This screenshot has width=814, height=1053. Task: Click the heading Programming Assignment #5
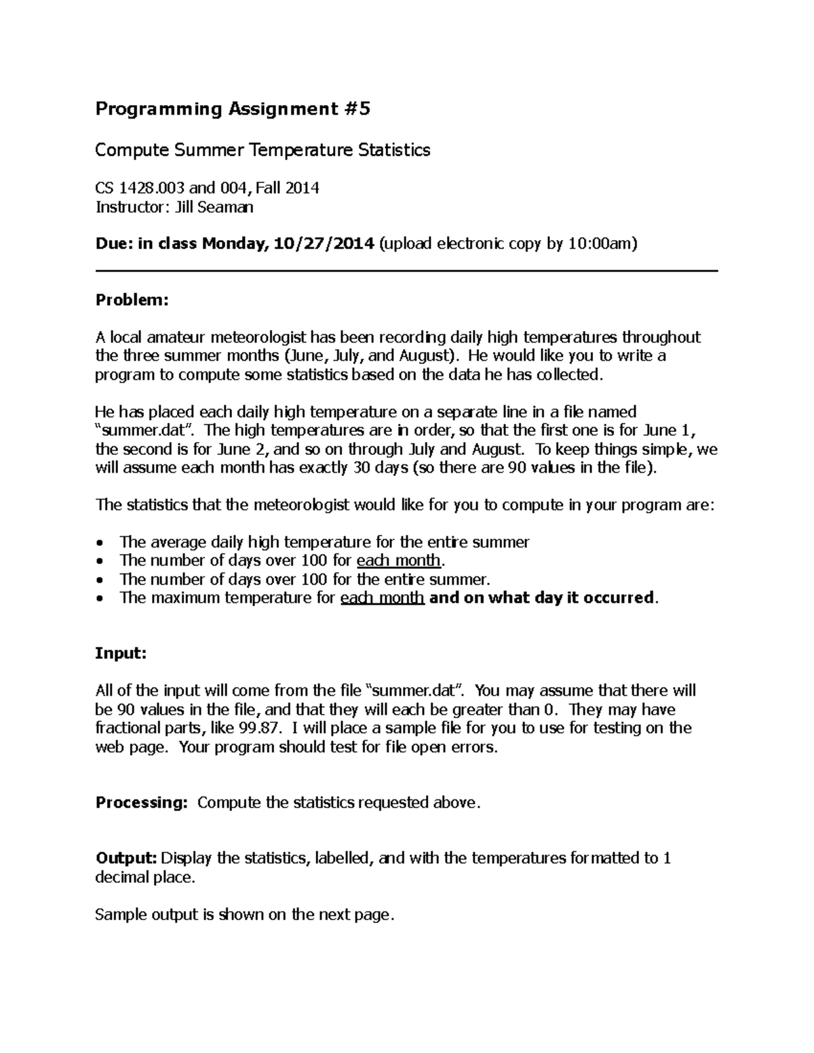click(x=233, y=109)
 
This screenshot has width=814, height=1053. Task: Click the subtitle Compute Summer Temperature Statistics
click(x=263, y=150)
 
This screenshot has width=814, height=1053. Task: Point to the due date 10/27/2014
click(x=322, y=244)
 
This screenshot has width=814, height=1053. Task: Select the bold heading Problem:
click(x=131, y=300)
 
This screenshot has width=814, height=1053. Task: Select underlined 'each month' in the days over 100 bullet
click(x=399, y=561)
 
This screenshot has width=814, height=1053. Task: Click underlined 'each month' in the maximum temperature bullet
click(x=382, y=598)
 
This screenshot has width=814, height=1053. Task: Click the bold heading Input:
click(x=121, y=654)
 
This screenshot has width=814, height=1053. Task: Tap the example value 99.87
click(x=258, y=728)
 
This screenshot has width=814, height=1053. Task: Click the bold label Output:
click(x=126, y=858)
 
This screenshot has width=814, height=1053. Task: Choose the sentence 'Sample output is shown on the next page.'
click(x=244, y=915)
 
